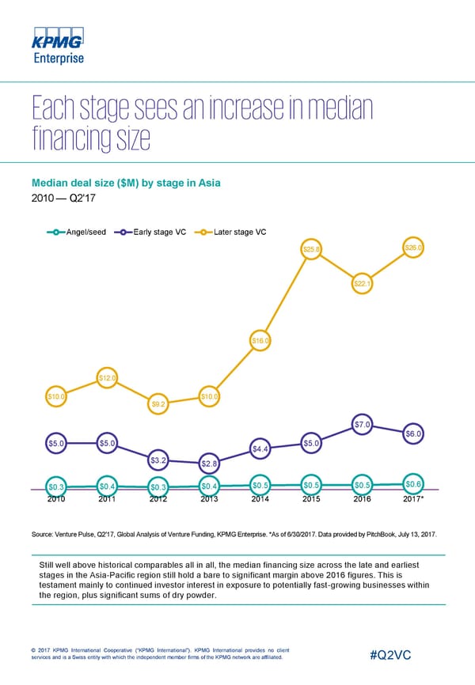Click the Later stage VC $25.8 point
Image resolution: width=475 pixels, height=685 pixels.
[x=311, y=250]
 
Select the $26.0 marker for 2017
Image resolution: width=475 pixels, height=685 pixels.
[x=414, y=248]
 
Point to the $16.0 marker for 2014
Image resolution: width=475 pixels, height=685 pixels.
[x=260, y=341]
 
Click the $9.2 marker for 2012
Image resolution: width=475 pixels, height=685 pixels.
[x=158, y=404]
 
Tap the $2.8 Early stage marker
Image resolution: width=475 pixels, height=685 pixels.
[x=209, y=463]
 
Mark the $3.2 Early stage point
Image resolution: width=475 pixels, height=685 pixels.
[x=158, y=459]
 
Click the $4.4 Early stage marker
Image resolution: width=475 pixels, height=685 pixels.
[x=260, y=449]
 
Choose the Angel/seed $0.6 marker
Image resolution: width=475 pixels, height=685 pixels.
[x=414, y=484]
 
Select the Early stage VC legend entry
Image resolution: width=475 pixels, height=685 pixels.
[x=154, y=232]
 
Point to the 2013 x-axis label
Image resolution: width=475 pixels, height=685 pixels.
[x=209, y=499]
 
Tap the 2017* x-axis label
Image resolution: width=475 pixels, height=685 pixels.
[x=414, y=499]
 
